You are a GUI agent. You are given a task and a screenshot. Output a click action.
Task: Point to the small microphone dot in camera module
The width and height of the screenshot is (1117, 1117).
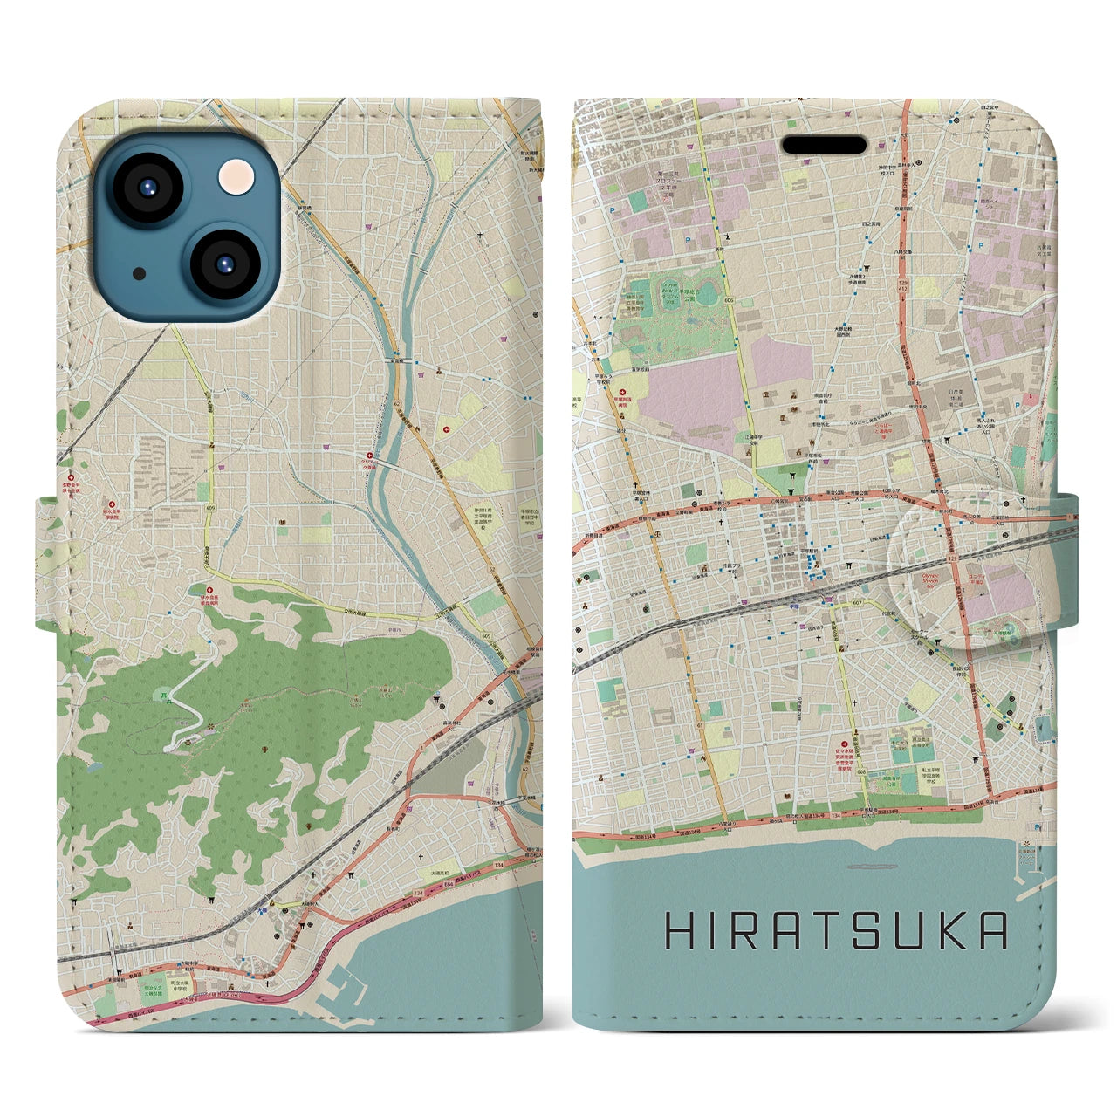[139, 273]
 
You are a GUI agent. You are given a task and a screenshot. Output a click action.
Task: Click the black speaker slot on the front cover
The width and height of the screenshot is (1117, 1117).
[823, 144]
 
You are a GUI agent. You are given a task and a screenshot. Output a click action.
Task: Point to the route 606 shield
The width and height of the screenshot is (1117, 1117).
[728, 301]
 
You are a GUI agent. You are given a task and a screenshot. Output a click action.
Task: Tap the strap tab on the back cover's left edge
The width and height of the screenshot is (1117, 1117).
[46, 563]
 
